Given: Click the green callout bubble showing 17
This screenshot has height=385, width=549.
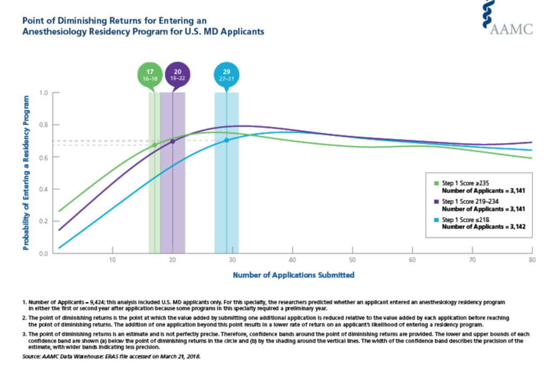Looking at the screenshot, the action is (x=150, y=75).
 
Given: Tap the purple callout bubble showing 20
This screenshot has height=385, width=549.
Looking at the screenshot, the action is (x=177, y=75).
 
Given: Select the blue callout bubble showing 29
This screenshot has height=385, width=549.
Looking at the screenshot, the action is (x=227, y=75).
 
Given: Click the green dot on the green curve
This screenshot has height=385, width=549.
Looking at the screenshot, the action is (x=154, y=145).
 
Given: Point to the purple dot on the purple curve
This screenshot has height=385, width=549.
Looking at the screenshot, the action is (x=172, y=142).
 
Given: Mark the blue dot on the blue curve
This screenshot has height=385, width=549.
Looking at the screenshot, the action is (x=227, y=140).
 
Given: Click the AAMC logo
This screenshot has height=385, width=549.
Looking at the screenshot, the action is (x=507, y=18).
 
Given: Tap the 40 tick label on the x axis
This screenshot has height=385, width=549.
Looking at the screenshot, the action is (x=292, y=260).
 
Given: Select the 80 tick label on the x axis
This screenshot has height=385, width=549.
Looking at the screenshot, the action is (x=532, y=260).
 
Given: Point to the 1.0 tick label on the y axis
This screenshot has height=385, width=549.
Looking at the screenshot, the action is (x=44, y=93).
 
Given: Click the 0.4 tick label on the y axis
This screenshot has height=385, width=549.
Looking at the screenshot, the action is (x=44, y=189).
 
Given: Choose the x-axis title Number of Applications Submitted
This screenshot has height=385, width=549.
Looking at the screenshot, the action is (x=294, y=275).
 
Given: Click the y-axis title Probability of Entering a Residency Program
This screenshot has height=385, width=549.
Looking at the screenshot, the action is (x=26, y=173).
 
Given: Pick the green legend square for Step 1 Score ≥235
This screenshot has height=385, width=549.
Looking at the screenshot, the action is (x=436, y=183).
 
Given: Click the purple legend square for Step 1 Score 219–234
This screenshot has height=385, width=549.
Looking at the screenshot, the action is (x=436, y=202).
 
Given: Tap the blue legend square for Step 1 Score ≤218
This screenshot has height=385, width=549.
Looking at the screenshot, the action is (x=436, y=220).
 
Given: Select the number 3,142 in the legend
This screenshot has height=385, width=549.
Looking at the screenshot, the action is (x=517, y=227).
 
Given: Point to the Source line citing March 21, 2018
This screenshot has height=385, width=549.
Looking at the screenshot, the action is (x=112, y=357).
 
